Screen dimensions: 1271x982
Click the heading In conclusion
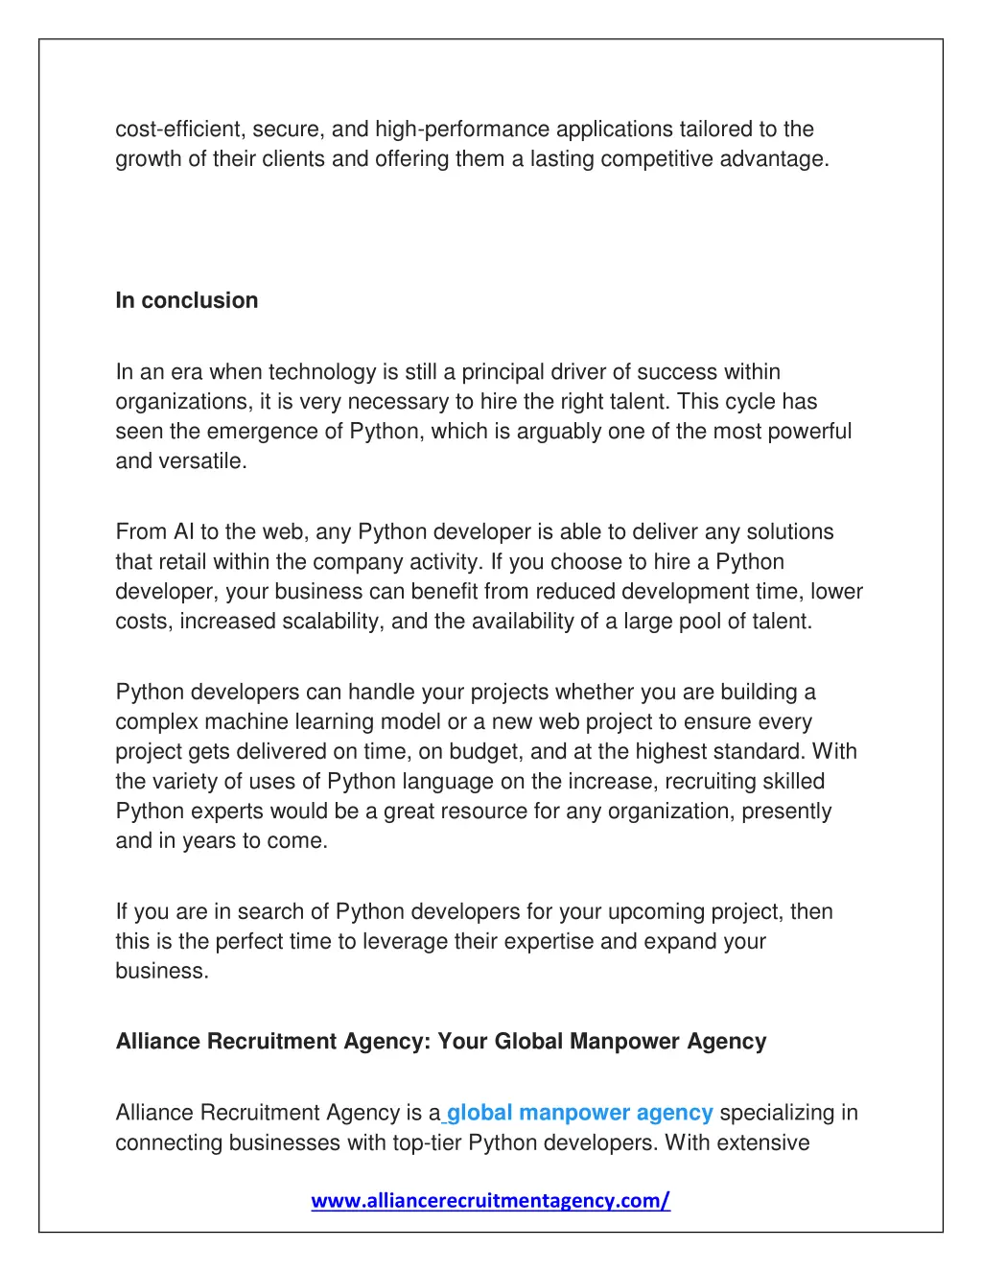point(187,300)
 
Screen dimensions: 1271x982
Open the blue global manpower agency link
point(579,1113)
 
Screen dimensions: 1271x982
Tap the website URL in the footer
point(490,1200)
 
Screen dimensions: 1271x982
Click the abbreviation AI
point(183,532)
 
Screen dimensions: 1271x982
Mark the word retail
point(182,562)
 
